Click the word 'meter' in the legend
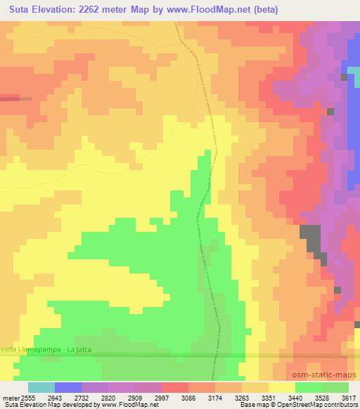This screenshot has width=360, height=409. pyautogui.click(x=10, y=397)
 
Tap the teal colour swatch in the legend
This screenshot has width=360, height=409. pyautogui.click(x=41, y=387)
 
